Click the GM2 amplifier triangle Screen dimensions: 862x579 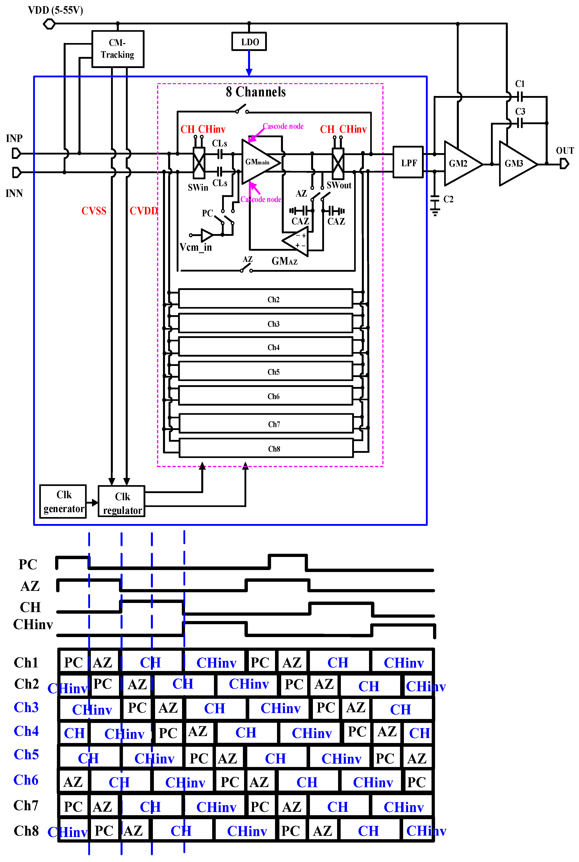tap(460, 163)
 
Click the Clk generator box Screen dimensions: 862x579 tap(63, 502)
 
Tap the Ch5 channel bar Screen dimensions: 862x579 tap(266, 371)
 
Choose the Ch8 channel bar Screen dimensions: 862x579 tap(266, 448)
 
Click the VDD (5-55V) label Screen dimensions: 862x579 tap(55, 10)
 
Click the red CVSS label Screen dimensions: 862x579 tap(94, 211)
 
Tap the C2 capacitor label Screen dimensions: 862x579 tap(448, 200)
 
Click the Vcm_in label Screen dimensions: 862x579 tap(196, 247)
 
